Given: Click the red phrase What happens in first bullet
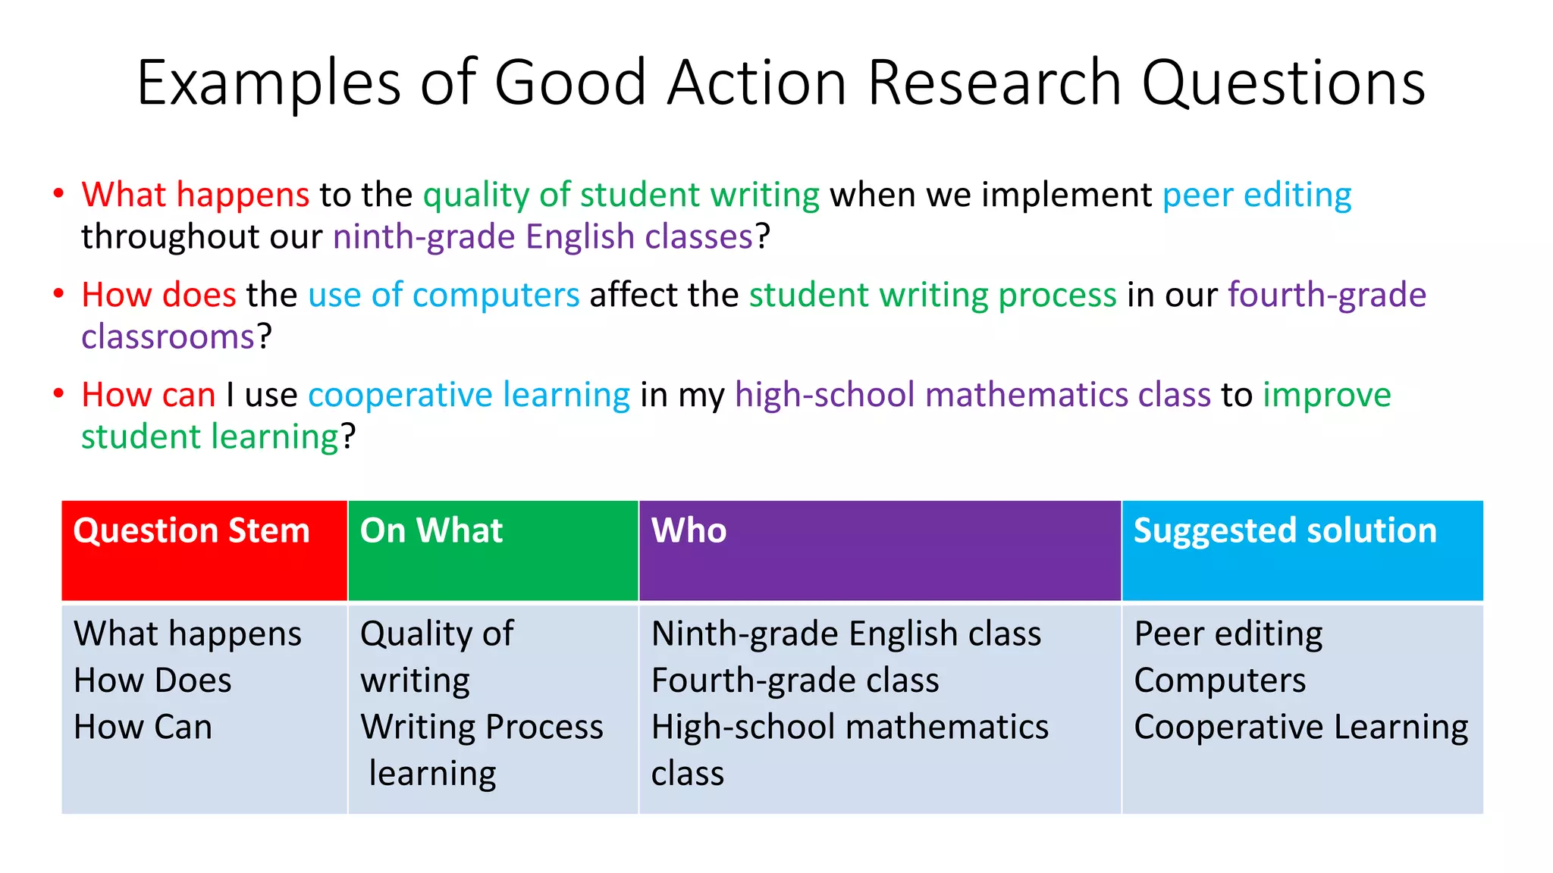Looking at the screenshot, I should click(195, 195).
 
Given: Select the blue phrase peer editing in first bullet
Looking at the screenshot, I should click(1257, 195).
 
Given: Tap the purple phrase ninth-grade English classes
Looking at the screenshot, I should click(543, 236).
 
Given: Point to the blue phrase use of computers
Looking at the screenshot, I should click(444, 295).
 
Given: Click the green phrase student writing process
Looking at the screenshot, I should click(933, 295).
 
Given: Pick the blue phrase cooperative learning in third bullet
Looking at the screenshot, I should click(469, 395).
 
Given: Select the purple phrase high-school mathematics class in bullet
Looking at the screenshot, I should click(972, 395).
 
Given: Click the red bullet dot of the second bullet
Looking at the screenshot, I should click(58, 293).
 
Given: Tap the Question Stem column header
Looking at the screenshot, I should click(192, 530).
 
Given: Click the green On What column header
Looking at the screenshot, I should click(431, 530).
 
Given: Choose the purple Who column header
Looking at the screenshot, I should click(689, 530).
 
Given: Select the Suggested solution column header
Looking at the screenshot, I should click(1285, 530).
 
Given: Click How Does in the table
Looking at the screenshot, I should click(152, 681).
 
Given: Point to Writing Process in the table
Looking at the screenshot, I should click(482, 727).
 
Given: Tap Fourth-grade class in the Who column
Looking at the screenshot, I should click(795, 681).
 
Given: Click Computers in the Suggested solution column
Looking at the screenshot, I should click(1219, 681).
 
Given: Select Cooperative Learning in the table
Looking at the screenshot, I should click(1300, 727).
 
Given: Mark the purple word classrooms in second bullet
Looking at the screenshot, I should click(168, 336).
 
